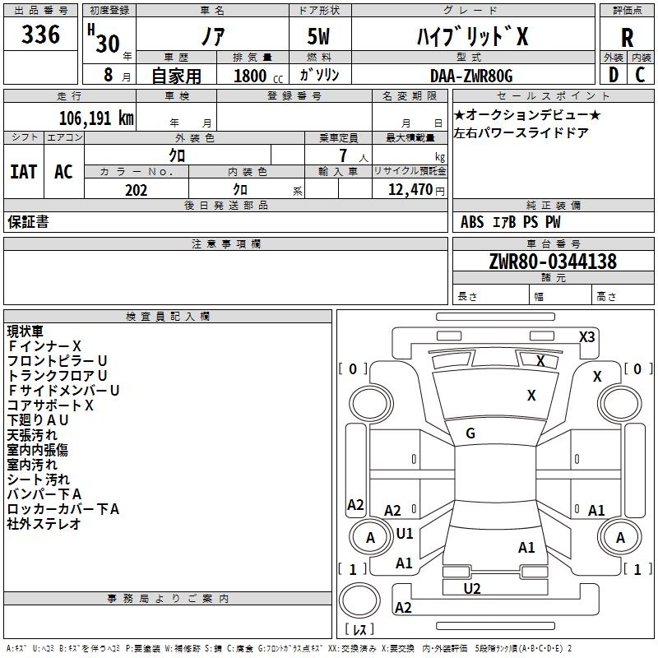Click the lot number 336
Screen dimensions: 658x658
[x=41, y=35]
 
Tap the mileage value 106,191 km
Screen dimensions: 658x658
[x=96, y=118]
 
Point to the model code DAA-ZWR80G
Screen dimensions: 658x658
[x=471, y=76]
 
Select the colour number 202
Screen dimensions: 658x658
[x=136, y=190]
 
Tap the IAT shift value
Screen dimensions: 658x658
[x=23, y=171]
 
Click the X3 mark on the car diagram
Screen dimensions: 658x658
[x=587, y=336]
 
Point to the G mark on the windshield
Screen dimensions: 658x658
[x=470, y=433]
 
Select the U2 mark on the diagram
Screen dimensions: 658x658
[x=472, y=588]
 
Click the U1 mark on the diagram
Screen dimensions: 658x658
[x=405, y=533]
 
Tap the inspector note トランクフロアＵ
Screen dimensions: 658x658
[x=58, y=375]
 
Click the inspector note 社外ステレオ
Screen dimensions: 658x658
[x=44, y=524]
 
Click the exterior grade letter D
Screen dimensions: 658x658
[x=613, y=75]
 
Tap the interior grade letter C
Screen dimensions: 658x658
[x=641, y=75]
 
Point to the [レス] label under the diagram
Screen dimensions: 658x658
[x=359, y=629]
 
